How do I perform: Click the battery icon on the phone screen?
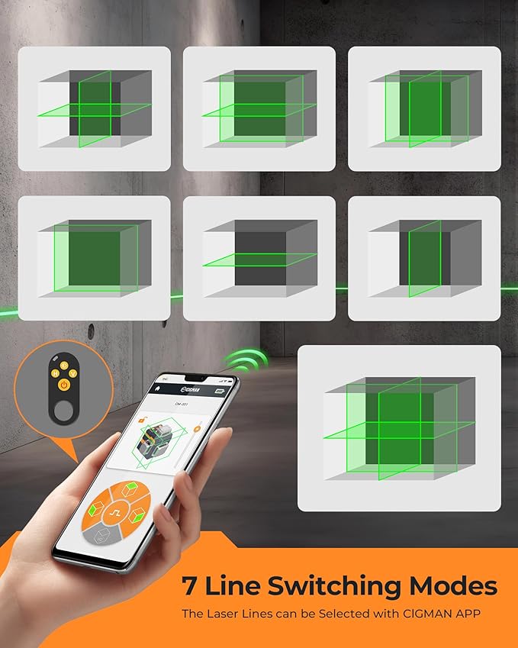(220, 390)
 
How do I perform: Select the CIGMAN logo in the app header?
(190, 388)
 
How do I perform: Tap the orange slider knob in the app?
(196, 429)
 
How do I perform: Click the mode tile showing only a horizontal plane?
(259, 258)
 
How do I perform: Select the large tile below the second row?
(399, 428)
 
